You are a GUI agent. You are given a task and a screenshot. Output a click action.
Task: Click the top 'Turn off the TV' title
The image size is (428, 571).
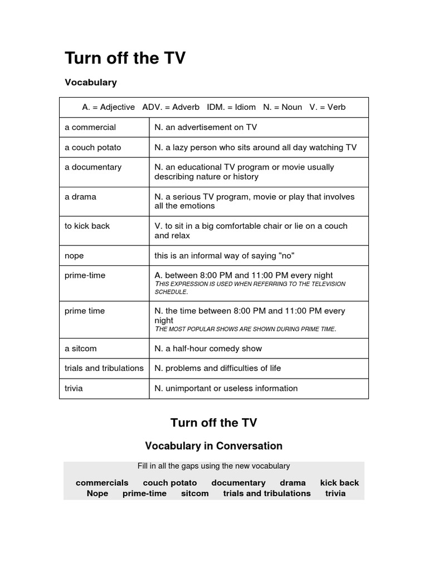(125, 58)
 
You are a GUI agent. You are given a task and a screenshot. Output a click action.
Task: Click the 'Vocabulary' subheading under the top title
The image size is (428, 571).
(91, 83)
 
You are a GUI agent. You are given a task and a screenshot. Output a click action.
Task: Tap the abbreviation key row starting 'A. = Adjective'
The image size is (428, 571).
(213, 107)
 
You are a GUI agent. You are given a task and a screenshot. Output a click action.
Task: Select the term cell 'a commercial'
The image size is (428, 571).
(90, 127)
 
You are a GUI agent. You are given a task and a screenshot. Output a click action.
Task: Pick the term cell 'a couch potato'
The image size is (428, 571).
(93, 147)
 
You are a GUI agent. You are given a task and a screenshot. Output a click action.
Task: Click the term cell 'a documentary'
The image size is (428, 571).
(93, 167)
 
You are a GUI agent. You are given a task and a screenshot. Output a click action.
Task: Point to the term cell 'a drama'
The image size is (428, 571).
(80, 196)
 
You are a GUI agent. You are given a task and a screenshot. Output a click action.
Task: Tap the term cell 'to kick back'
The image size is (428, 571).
(87, 226)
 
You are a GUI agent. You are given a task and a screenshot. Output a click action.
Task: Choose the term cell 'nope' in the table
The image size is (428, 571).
(74, 255)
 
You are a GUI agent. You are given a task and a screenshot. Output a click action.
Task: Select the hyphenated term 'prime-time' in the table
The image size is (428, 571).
(85, 275)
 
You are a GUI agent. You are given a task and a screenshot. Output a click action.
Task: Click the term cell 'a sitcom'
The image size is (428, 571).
(81, 349)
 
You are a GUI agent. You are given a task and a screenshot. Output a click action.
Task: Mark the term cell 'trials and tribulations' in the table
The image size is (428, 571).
(104, 368)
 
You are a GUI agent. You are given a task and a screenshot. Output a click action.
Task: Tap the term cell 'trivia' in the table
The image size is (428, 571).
(74, 388)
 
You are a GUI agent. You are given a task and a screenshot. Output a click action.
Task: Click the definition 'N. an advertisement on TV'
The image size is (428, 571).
(206, 127)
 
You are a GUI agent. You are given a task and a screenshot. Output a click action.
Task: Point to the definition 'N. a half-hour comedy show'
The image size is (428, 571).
(208, 349)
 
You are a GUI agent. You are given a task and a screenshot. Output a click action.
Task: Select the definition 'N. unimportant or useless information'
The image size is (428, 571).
(226, 388)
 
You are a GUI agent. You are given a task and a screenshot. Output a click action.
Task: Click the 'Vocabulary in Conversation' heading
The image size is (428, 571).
(213, 446)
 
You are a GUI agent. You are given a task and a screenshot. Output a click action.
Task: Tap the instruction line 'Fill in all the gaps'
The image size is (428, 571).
(213, 466)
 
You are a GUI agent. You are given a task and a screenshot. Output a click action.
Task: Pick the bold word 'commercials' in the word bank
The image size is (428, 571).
(102, 483)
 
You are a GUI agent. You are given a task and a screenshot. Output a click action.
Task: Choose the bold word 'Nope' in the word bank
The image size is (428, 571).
(98, 493)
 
